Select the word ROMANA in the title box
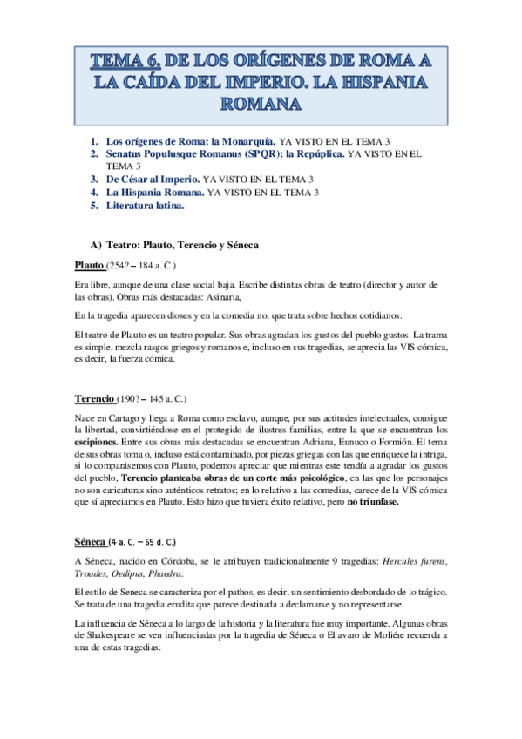click(x=261, y=105)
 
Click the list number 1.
click(x=94, y=140)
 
